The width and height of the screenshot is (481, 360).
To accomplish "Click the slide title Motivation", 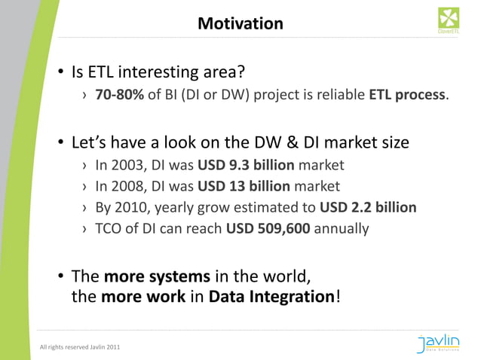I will point(240,24).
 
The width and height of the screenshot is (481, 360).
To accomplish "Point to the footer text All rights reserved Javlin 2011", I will point(79,347).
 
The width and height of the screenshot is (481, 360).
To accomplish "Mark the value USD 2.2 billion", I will point(368,207).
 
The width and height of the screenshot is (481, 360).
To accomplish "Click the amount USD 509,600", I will point(268,228).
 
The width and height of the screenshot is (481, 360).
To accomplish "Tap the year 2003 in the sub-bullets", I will point(125,165).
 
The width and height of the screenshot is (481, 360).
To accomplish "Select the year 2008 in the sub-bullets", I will point(125,186).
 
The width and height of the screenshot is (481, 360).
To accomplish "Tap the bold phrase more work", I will point(143,296).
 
